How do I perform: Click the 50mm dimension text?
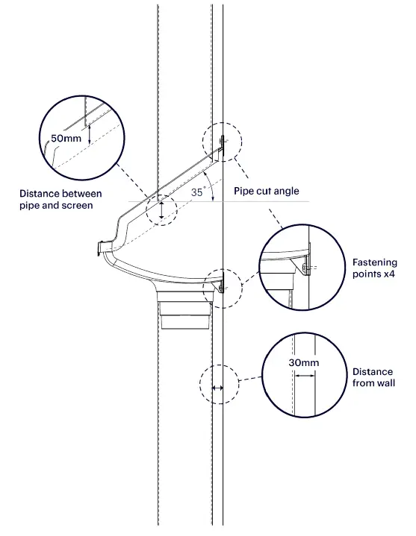click(x=66, y=138)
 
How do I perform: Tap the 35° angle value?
click(x=197, y=191)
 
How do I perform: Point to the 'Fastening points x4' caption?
click(x=374, y=268)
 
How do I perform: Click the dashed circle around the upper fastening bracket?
click(x=222, y=140)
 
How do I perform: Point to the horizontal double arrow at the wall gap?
click(x=217, y=388)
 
